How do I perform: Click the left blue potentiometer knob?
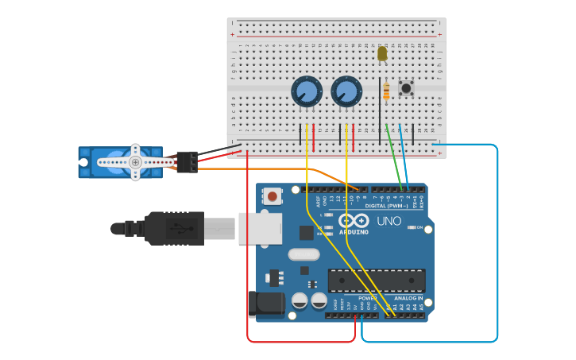tap(306, 91)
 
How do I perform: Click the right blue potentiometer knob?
tap(346, 91)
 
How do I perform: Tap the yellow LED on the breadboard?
tap(382, 53)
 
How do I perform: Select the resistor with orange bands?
tap(386, 92)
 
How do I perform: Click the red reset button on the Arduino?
tap(273, 195)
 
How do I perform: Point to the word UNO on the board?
tap(389, 221)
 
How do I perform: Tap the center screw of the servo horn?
tap(135, 162)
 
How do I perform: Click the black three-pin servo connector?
tap(187, 161)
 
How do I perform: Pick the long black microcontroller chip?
tap(376, 280)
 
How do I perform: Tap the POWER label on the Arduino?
tap(367, 299)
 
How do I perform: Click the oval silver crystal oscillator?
tap(303, 255)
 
